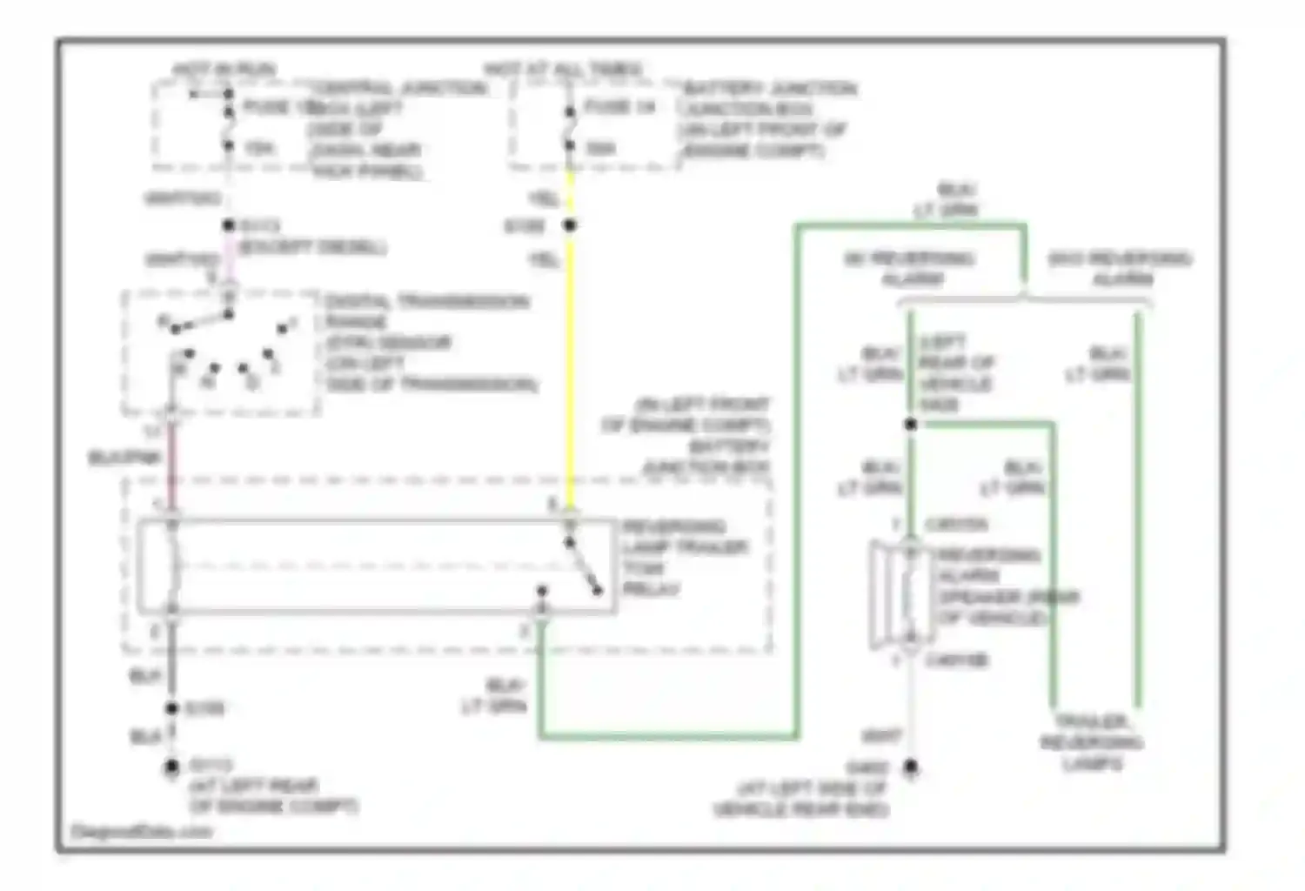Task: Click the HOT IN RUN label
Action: tap(224, 69)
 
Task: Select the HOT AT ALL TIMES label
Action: tap(563, 69)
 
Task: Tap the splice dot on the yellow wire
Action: tap(570, 225)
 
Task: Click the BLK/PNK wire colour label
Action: tap(124, 458)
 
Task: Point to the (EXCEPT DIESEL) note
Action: tap(312, 247)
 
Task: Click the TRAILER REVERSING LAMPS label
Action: tap(1092, 742)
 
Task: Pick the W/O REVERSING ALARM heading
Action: tap(1120, 268)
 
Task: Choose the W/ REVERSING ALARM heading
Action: tap(910, 268)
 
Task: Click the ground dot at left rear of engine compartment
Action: tap(171, 767)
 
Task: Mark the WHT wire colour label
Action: tap(880, 736)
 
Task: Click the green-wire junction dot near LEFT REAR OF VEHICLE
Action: tap(910, 424)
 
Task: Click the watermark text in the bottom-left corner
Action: tap(141, 832)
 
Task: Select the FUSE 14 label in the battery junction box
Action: tap(619, 107)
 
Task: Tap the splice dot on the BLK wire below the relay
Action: tap(171, 708)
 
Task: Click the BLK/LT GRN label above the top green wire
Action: tap(946, 199)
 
